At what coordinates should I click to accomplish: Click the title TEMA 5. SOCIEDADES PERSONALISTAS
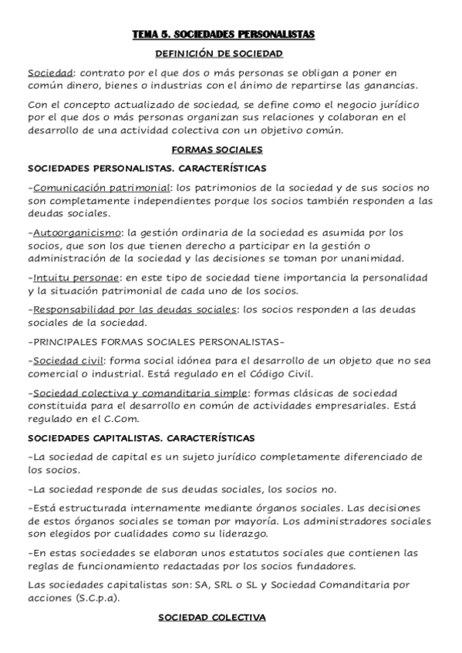pyautogui.click(x=224, y=35)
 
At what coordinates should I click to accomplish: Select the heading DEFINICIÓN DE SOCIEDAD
pyautogui.click(x=220, y=54)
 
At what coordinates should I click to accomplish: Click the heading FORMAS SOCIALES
pyautogui.click(x=219, y=149)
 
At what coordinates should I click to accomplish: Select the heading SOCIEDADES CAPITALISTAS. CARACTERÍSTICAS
pyautogui.click(x=141, y=437)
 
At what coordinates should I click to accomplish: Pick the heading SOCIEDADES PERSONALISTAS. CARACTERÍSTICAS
pyautogui.click(x=147, y=167)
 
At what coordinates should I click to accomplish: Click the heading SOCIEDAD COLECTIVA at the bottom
pyautogui.click(x=211, y=618)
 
